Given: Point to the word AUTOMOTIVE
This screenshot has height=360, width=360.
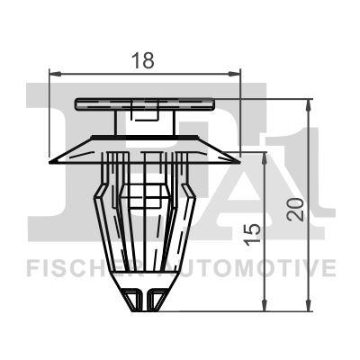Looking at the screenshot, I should tap(260, 267).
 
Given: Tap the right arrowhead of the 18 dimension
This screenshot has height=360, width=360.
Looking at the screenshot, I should tap(237, 74).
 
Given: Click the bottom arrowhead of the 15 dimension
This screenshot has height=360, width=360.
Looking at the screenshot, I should tap(265, 305).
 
